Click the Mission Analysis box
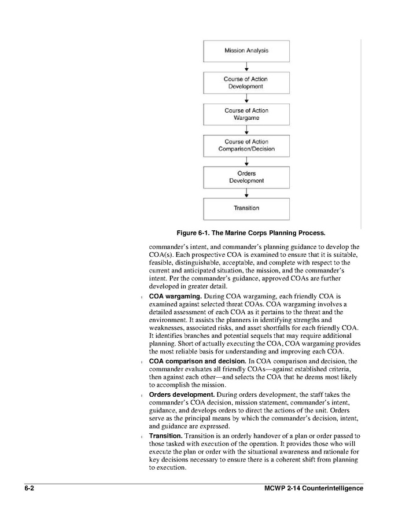click(x=246, y=51)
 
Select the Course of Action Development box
click(x=246, y=83)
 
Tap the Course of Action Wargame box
click(x=246, y=114)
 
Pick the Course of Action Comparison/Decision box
click(x=246, y=145)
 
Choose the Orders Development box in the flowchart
click(x=246, y=177)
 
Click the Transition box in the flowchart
click(x=246, y=208)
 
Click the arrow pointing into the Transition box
click(x=246, y=193)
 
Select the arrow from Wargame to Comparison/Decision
click(x=246, y=130)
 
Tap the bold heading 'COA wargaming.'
click(x=175, y=296)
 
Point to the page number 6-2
click(x=29, y=489)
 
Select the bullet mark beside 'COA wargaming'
click(x=142, y=297)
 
